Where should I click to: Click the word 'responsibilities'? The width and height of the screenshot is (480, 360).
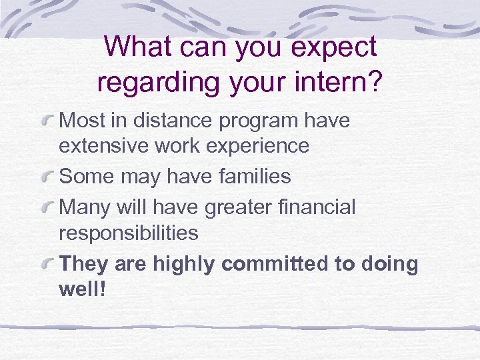[128, 233]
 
